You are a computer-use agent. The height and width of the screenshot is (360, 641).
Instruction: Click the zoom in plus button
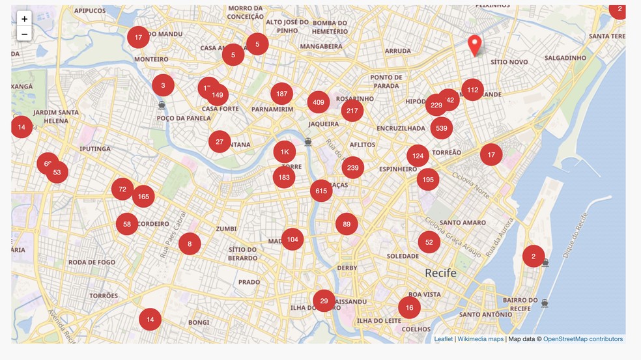pyautogui.click(x=24, y=19)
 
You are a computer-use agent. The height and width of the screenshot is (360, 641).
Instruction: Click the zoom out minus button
pyautogui.click(x=24, y=34)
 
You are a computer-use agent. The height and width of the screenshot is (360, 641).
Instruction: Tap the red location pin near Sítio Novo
pyautogui.click(x=475, y=45)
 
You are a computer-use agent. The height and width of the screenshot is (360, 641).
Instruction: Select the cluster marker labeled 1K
pyautogui.click(x=284, y=152)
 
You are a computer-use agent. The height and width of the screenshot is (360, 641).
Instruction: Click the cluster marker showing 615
pyautogui.click(x=320, y=191)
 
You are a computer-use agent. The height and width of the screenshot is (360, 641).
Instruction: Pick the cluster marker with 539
pyautogui.click(x=442, y=128)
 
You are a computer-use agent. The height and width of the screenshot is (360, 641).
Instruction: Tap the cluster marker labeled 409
pyautogui.click(x=319, y=102)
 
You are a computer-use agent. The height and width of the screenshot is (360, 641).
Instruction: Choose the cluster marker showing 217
pyautogui.click(x=352, y=111)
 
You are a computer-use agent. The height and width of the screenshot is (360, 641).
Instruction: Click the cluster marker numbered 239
pyautogui.click(x=352, y=167)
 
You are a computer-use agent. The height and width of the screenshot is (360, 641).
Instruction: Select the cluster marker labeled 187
pyautogui.click(x=281, y=94)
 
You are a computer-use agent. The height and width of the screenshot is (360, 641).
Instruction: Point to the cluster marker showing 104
pyautogui.click(x=292, y=240)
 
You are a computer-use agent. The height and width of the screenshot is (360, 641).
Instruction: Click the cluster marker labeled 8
pyautogui.click(x=190, y=244)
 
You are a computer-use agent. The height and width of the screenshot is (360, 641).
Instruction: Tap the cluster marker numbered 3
pyautogui.click(x=163, y=85)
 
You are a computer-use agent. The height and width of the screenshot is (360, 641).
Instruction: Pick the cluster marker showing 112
pyautogui.click(x=472, y=90)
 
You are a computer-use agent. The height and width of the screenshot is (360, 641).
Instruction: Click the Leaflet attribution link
pyautogui.click(x=443, y=339)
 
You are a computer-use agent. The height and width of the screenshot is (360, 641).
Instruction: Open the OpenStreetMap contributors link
pyautogui.click(x=582, y=339)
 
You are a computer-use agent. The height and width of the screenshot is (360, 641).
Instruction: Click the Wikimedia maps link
pyautogui.click(x=480, y=339)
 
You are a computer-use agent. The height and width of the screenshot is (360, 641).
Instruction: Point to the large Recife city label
pyautogui.click(x=440, y=273)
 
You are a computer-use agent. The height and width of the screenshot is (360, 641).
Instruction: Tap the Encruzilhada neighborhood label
pyautogui.click(x=401, y=129)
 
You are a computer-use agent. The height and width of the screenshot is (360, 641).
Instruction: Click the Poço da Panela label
pyautogui.click(x=184, y=118)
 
